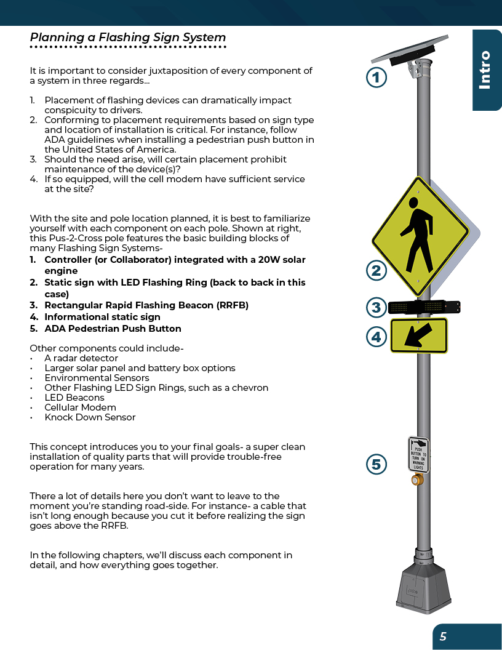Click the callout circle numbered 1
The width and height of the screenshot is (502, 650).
pos(376,78)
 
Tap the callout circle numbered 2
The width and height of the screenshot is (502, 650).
pos(376,270)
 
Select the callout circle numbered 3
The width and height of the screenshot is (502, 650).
pos(376,307)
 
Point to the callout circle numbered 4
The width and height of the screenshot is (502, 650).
pos(376,337)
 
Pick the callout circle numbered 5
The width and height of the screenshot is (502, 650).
pos(376,464)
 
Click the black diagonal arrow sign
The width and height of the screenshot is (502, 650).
pos(419,335)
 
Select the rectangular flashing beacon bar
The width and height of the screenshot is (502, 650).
pos(424,306)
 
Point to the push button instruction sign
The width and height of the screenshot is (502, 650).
pos(418,454)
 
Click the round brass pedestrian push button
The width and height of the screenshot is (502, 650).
pos(417,479)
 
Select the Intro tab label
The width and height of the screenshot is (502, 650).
pos(485,70)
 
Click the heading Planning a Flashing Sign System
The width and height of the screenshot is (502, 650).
pos(128,38)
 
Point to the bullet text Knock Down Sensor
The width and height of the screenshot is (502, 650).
pos(90,417)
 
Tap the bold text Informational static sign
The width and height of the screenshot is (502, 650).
pos(102,317)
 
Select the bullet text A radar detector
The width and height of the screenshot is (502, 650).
pos(81,358)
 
